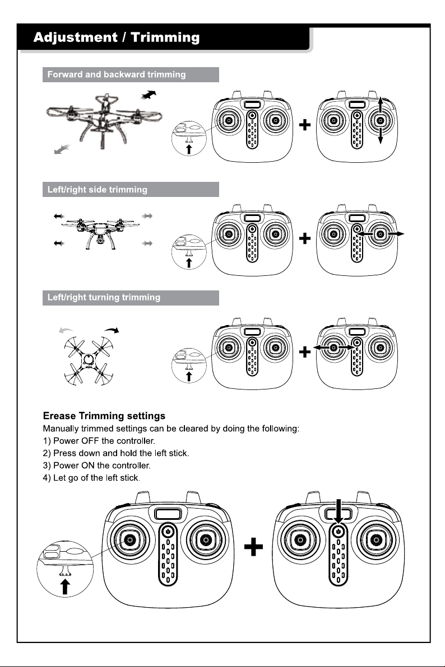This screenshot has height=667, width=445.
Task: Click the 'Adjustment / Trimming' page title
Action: coord(117,37)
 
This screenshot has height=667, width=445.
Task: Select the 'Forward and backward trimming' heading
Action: coord(117,74)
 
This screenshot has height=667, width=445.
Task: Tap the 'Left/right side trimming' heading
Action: coord(97,190)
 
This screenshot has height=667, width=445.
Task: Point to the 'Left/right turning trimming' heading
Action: coord(104,297)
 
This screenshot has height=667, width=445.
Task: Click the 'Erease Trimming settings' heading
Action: coord(104,416)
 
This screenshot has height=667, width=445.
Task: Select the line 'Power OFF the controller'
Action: coord(99,441)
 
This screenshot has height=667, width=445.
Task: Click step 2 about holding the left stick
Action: coord(116,453)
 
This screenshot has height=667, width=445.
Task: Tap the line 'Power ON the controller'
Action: coord(97,466)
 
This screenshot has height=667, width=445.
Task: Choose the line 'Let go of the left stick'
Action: coord(91,478)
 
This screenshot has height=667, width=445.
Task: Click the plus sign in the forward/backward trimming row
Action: coord(305,125)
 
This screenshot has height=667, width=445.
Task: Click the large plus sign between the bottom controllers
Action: coord(254,547)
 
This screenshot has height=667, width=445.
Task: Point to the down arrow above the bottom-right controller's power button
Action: coord(339,511)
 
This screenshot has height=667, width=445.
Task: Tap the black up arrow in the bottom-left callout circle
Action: coord(65,586)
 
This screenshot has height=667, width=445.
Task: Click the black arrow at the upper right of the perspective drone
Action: coord(149,95)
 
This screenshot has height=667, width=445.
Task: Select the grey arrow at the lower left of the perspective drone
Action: coord(62,149)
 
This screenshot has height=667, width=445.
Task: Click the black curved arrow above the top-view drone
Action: coord(112,330)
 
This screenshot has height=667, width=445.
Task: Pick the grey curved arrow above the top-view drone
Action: coord(66,330)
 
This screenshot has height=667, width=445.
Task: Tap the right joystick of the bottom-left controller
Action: coord(206,540)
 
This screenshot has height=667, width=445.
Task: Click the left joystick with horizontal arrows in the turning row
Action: coord(334,347)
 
